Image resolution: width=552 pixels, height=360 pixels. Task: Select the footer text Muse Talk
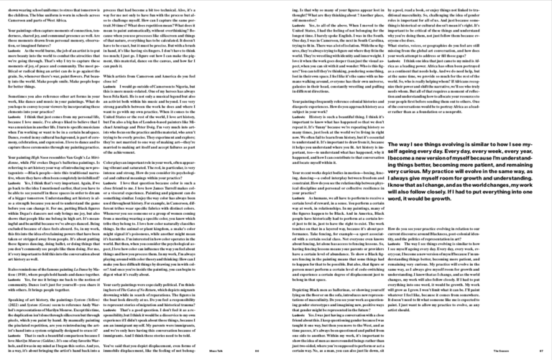[x=216, y=350]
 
